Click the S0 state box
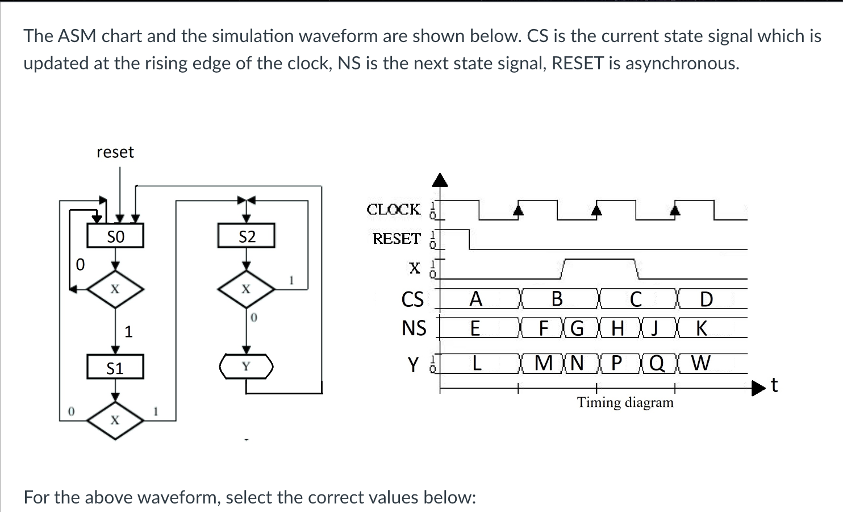(115, 236)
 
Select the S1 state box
(115, 368)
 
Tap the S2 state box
(247, 236)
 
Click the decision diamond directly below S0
(115, 289)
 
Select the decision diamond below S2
(246, 289)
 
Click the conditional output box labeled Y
(246, 367)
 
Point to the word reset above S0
(115, 152)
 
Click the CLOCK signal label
(394, 210)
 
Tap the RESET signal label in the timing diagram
(397, 239)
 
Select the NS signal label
(414, 328)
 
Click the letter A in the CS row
(475, 299)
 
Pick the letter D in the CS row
(706, 299)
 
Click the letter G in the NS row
(577, 328)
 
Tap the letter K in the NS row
(702, 328)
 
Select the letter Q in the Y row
(657, 363)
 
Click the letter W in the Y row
(700, 363)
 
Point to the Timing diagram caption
(625, 402)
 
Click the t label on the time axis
(774, 385)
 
